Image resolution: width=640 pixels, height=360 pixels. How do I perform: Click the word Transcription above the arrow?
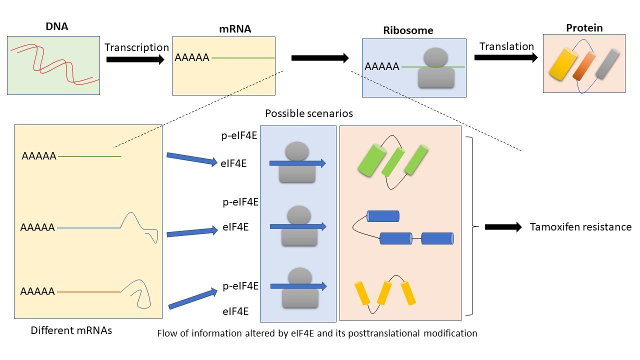tap(136, 47)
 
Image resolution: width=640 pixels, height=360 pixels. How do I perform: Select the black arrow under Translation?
tap(505, 57)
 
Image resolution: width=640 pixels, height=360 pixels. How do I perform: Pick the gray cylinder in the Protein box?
tap(606, 64)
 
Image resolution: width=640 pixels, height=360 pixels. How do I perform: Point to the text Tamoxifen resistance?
tap(580, 227)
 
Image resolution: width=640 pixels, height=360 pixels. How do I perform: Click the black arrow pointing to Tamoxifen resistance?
tap(503, 227)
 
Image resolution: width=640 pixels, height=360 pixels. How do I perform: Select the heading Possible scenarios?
tap(308, 113)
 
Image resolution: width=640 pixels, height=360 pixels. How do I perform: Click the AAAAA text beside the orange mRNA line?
tap(37, 291)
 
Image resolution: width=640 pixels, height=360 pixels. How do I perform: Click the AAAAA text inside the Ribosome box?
tap(382, 66)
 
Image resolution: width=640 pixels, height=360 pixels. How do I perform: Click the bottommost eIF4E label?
tap(235, 312)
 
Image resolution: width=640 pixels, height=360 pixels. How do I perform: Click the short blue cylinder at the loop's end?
tap(383, 216)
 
